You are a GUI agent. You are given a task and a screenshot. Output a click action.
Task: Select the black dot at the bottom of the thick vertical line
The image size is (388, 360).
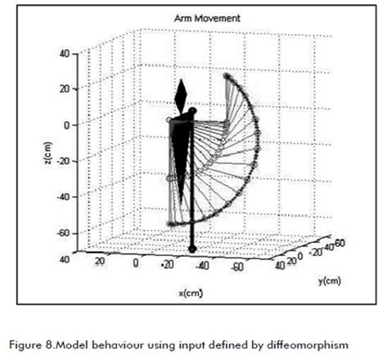click(192, 248)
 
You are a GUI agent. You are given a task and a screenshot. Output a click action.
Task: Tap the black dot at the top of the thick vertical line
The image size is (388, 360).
click(192, 110)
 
